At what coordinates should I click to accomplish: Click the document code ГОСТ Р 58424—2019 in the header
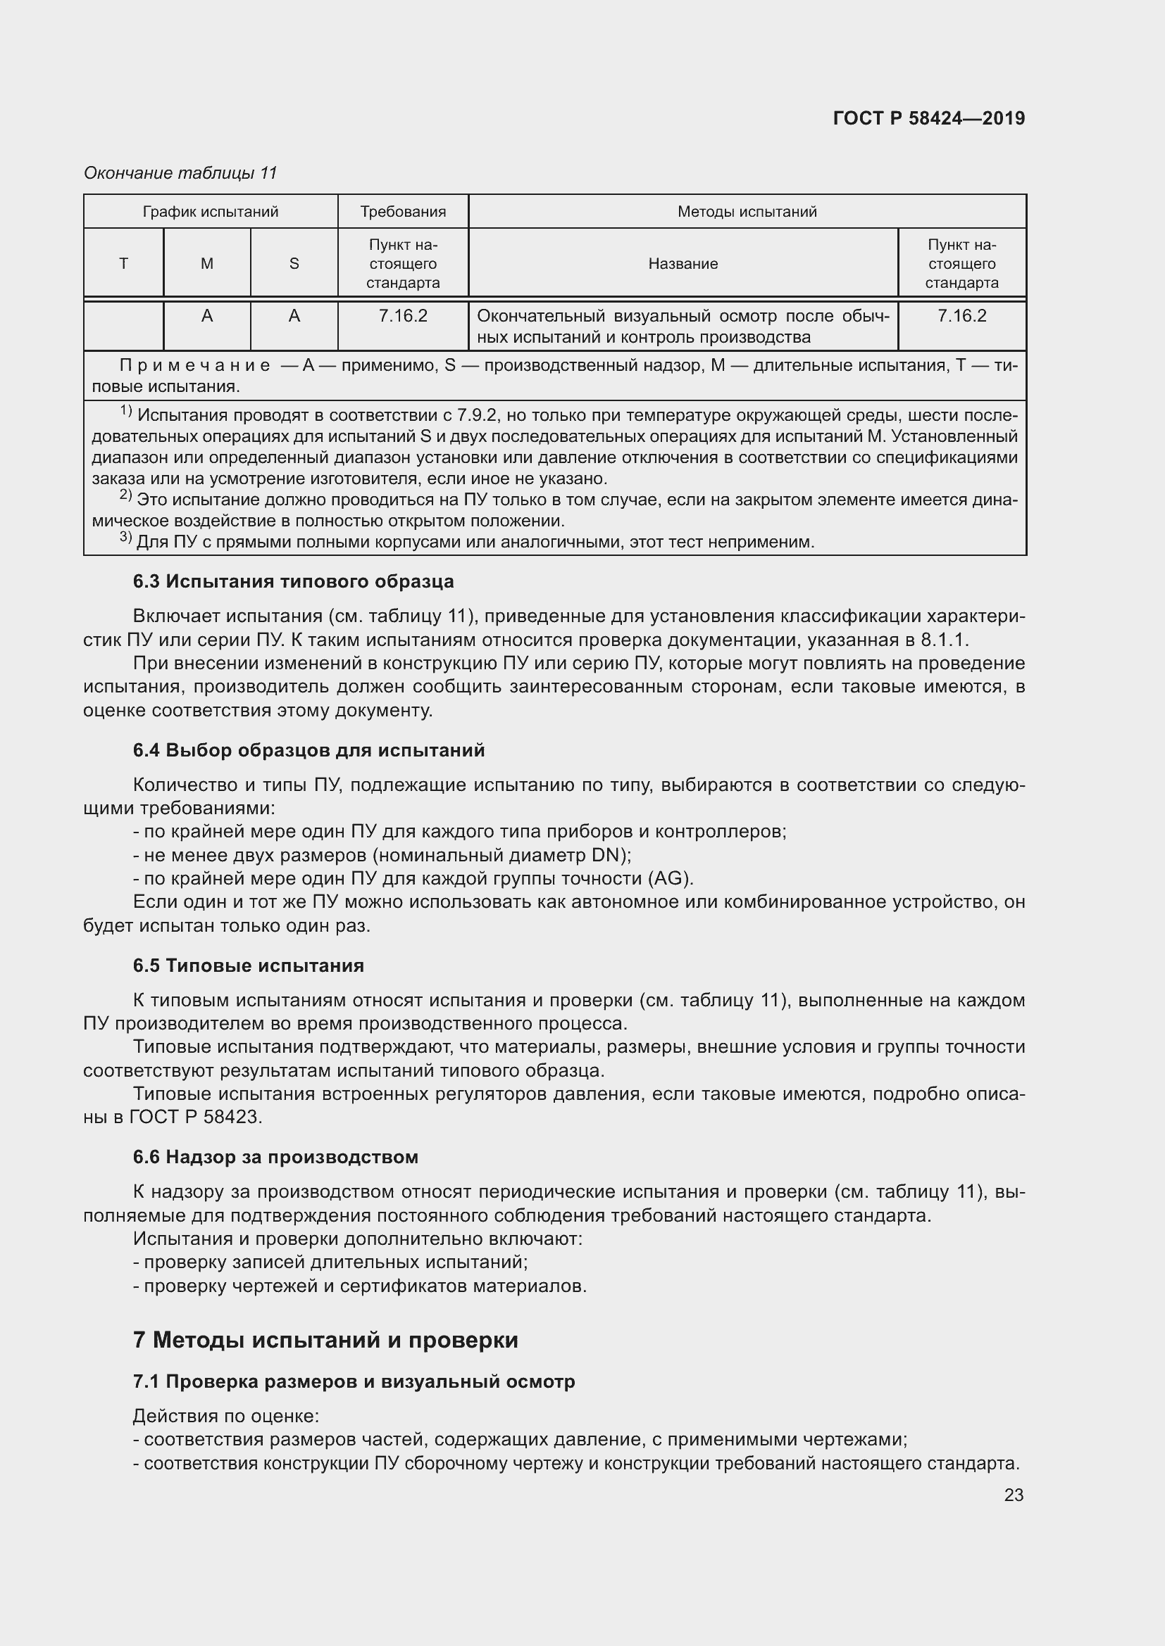point(928,118)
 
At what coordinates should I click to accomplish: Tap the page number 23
point(1013,1495)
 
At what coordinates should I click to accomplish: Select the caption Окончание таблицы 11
point(180,173)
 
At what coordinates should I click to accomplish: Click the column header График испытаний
point(210,212)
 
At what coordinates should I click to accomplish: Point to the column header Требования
point(402,212)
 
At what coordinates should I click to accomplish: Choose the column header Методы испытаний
point(747,212)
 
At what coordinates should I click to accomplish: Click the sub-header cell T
point(123,264)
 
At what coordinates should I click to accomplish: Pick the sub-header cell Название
point(683,264)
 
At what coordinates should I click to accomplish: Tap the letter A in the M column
point(206,316)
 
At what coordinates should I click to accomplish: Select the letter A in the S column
point(294,316)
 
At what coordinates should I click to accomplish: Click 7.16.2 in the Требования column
point(402,316)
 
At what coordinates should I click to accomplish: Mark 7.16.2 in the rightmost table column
point(961,316)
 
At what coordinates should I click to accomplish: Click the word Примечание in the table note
point(194,367)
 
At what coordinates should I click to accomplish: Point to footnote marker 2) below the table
point(125,496)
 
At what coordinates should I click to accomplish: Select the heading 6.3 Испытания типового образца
point(293,581)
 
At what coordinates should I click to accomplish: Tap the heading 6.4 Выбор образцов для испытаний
point(309,751)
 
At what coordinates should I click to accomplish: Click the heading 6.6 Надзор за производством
point(275,1157)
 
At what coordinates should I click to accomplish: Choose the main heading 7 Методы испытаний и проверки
point(325,1340)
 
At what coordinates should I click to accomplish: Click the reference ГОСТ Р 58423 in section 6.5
point(195,1117)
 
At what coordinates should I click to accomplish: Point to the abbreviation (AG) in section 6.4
point(670,878)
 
